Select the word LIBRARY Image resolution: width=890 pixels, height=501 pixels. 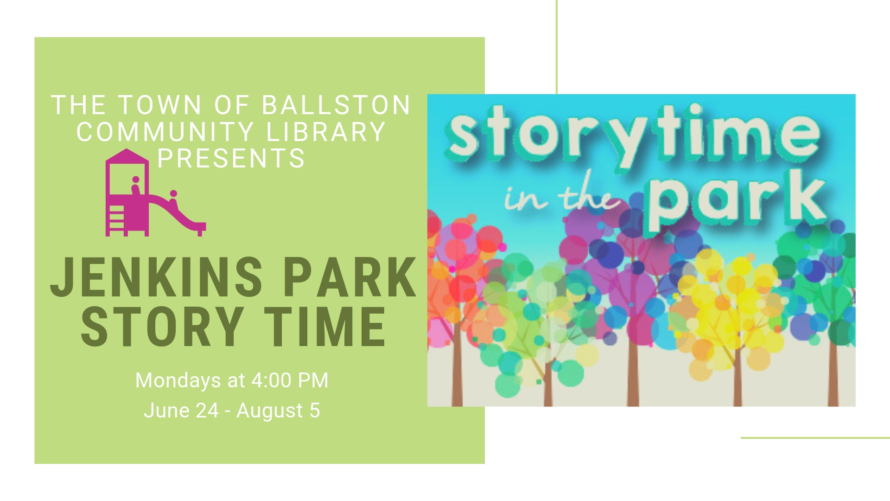[x=326, y=132]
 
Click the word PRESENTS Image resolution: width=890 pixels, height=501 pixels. [x=231, y=158]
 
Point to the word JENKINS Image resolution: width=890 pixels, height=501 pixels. [x=157, y=277]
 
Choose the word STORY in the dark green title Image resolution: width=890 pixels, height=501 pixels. [x=163, y=327]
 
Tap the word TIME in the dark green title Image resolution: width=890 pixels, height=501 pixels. [x=325, y=327]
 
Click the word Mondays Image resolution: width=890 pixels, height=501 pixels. [x=178, y=381]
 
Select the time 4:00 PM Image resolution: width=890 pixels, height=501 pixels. [x=290, y=380]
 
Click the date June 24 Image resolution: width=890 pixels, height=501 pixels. [x=181, y=411]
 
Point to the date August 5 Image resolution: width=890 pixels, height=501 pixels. [x=278, y=411]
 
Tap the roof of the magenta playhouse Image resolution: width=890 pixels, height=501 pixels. [x=127, y=155]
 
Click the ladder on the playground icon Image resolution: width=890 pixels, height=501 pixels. [x=116, y=221]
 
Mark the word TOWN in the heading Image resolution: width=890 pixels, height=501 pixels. [x=160, y=105]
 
